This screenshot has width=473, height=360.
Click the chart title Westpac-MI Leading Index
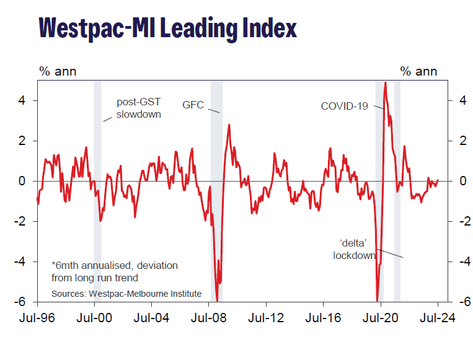167,28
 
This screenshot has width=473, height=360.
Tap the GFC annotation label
193,105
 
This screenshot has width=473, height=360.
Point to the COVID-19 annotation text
344,106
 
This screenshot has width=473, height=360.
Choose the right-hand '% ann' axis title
418,71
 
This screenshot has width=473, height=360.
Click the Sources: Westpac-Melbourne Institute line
126,293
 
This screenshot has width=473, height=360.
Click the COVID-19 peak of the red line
386,82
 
